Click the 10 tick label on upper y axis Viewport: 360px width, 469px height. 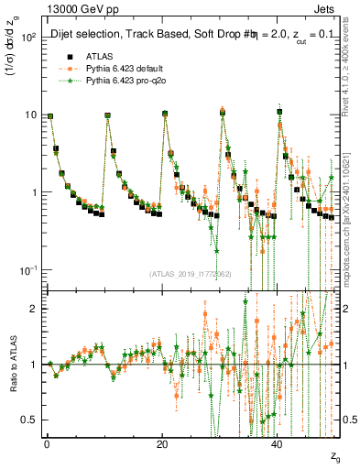29,115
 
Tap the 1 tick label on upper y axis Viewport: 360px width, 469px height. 32,192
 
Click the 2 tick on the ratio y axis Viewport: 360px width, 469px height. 32,309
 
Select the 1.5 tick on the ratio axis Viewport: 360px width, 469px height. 28,336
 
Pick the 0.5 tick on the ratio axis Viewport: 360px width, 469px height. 28,420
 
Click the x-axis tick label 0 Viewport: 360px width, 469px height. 46,442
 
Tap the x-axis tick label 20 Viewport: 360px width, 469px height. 162,442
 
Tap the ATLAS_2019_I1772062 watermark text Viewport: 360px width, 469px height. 191,274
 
